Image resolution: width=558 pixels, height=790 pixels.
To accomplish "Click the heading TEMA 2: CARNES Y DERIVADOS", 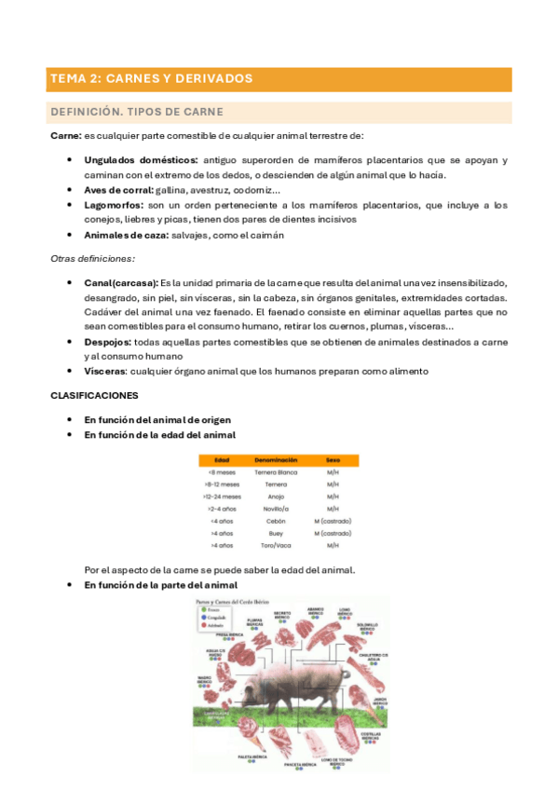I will click(151, 79).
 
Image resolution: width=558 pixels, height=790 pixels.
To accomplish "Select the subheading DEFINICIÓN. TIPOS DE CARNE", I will click(136, 113).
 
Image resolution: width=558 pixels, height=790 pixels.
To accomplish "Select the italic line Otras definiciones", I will click(92, 258).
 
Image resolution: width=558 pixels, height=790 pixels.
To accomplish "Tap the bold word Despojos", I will click(108, 342).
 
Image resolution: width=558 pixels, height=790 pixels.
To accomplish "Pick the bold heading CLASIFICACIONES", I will click(94, 395).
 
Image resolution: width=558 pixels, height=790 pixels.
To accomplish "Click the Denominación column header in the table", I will click(276, 460).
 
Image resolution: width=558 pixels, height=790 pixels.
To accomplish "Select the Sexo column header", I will click(332, 460).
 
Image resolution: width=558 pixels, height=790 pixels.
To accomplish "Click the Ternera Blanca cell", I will click(276, 472).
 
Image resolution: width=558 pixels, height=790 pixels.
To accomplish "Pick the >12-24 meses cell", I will click(222, 497).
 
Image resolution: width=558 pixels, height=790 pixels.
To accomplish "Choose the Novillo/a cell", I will click(276, 509).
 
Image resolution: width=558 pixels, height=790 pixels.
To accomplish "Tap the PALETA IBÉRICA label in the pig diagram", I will click(253, 756).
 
